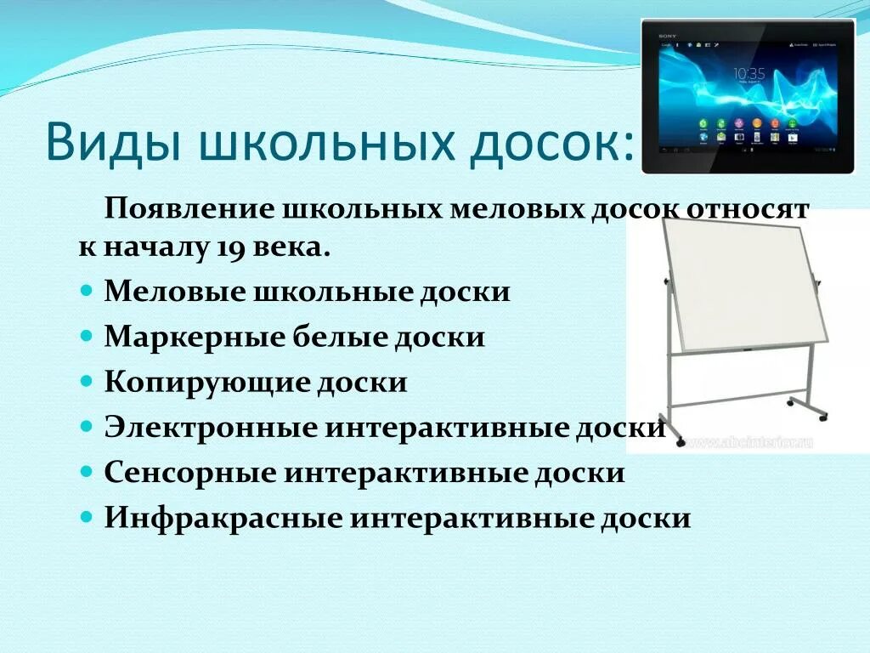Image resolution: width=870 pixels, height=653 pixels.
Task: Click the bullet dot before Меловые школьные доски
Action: pyautogui.click(x=88, y=291)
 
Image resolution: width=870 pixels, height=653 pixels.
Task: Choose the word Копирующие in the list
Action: pyautogui.click(x=205, y=382)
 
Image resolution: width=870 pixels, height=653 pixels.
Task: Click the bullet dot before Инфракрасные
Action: pyautogui.click(x=88, y=517)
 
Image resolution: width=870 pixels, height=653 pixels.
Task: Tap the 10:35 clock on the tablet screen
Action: pyautogui.click(x=748, y=73)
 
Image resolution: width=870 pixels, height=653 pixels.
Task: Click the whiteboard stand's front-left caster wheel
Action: pyautogui.click(x=679, y=441)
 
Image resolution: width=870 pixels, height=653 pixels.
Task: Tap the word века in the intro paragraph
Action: pyautogui.click(x=297, y=248)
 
